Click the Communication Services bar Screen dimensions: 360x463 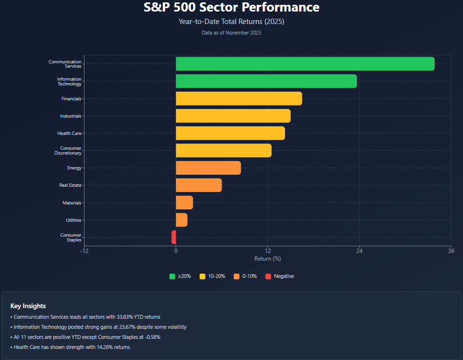coord(305,64)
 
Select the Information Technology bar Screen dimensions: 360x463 coord(266,81)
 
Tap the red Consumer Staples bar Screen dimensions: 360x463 coord(174,237)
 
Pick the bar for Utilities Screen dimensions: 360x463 coord(181,220)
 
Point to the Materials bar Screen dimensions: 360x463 coord(184,203)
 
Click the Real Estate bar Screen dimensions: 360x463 coord(199,185)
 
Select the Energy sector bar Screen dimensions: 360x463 coord(208,168)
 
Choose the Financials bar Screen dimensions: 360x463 coord(239,98)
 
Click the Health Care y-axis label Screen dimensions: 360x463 coord(70,133)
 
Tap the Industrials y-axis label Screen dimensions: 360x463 coord(71,116)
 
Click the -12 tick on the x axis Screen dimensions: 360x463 coord(84,251)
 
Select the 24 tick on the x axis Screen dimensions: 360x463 coord(359,251)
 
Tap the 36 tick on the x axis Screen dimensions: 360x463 coord(451,251)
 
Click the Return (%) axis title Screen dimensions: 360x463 coord(268,259)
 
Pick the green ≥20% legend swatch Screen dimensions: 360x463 coord(172,276)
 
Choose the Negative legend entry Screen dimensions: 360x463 coord(284,276)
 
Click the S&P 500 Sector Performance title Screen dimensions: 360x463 coord(231,8)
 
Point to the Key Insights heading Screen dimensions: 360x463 coord(28,306)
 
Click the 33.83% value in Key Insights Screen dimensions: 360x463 coord(126,317)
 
